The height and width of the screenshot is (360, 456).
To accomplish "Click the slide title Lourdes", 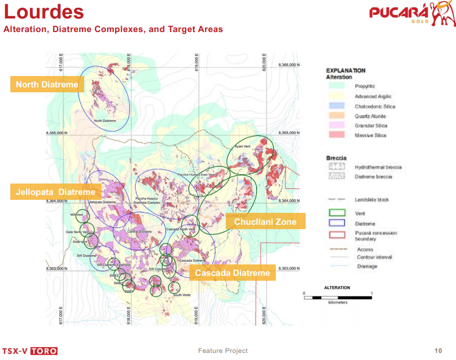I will pos(44,12).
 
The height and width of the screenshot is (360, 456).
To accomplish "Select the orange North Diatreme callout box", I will pos(47,84).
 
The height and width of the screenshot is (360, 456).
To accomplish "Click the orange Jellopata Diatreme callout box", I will pos(55,192).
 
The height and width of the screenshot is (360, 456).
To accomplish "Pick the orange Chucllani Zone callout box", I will pos(265,221).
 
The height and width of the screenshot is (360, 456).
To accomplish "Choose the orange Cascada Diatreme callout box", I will pos(232,273).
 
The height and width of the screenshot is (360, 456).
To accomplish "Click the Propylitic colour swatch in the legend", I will pos(336,86).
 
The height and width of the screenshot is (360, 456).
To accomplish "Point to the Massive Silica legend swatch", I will pos(336,135).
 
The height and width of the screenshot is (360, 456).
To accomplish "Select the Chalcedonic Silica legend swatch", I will pos(336,106).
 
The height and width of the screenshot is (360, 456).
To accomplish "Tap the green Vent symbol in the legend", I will pos(336,213).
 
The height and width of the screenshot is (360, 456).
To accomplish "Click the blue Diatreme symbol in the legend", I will pos(336,223).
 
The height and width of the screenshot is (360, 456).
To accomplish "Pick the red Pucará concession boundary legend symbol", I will pos(336,235).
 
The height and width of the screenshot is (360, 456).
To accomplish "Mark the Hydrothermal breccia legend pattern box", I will pos(336,167).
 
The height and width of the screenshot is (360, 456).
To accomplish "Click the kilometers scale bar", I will pos(337,297).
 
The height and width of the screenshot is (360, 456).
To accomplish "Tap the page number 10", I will pos(439,350).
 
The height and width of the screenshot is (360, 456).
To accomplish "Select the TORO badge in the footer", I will pos(44,351).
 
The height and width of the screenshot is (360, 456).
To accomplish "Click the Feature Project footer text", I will pos(223,351).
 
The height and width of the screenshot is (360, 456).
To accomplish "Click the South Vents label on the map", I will pos(182,295).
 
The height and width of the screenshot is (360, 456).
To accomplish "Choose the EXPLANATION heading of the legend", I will pos(346,71).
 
